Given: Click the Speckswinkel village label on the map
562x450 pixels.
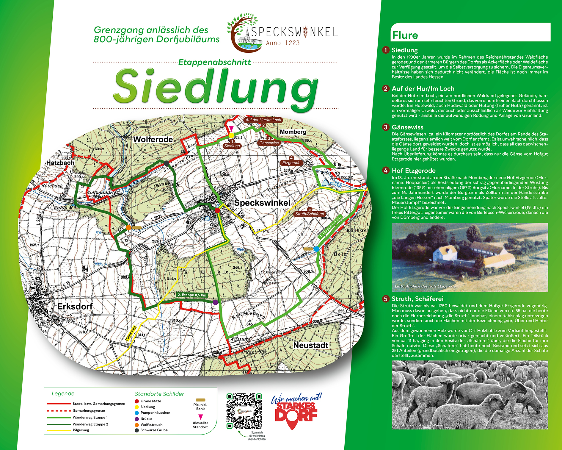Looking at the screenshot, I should (262, 203).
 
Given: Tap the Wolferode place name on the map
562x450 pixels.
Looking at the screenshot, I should (153, 139).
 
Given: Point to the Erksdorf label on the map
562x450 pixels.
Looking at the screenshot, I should (75, 306).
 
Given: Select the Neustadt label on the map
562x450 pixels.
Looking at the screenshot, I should (311, 345).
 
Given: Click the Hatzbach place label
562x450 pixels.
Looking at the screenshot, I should (60, 163).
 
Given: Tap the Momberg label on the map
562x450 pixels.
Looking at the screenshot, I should (293, 132).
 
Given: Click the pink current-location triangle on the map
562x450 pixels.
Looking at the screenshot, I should (231, 128).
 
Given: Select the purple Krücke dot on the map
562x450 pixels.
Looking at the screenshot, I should (215, 302).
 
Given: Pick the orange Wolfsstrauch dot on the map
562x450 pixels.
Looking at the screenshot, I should (128, 227).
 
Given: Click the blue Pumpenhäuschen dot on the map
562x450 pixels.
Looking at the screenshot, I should (316, 249).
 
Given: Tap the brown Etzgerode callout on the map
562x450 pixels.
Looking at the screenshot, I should (291, 162).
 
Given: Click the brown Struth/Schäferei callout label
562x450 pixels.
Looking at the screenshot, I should (310, 214).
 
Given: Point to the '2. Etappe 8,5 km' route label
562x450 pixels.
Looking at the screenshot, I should (192, 295).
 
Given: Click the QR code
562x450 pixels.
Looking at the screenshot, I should (244, 411).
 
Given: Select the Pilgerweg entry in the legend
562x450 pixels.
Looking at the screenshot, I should (81, 430).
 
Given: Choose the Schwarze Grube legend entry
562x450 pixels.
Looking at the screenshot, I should (154, 430).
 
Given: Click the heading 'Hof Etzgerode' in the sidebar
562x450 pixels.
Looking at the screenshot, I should (413, 171).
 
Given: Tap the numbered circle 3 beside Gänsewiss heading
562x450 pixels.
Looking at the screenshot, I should (386, 127).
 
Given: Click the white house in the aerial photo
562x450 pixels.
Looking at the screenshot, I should (444, 254).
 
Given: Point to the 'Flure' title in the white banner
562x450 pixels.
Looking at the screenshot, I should (405, 35).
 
